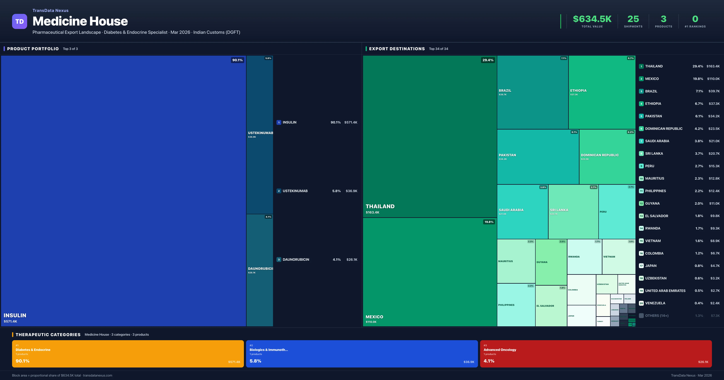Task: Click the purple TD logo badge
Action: (x=19, y=21)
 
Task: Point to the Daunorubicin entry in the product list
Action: (x=296, y=259)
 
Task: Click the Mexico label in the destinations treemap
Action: (x=374, y=317)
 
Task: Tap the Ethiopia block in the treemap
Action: (x=602, y=92)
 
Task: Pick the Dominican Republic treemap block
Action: (x=607, y=157)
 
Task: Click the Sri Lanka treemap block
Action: (x=573, y=211)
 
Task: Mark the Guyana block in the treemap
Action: (x=551, y=262)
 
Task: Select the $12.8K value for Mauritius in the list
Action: (x=714, y=179)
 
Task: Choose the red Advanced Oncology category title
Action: (x=500, y=350)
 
